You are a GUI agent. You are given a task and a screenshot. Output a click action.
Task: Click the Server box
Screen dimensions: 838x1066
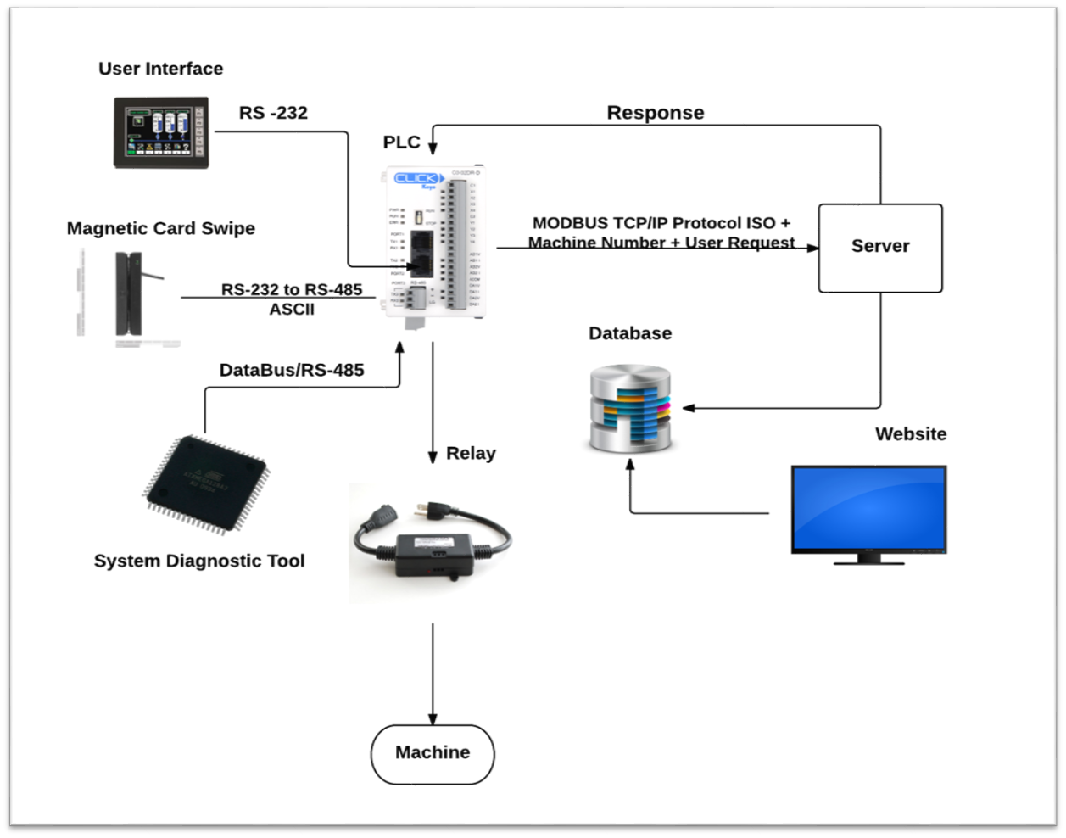880,248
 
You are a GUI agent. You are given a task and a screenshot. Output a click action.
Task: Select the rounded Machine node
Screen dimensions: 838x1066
433,753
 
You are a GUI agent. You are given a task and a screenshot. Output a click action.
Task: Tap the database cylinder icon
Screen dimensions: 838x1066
630,408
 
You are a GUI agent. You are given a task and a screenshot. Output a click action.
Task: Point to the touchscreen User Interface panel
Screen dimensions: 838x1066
161,131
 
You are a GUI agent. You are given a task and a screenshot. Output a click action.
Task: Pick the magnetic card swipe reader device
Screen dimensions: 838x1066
129,293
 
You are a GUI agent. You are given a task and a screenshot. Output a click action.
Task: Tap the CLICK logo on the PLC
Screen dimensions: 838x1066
417,179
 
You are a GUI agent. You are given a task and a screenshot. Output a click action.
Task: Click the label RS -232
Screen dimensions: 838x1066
273,113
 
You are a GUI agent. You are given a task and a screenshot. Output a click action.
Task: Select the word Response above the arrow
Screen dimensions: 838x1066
655,113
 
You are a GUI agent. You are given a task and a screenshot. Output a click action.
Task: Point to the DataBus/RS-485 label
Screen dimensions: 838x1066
292,370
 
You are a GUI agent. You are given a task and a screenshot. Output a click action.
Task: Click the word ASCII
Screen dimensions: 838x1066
292,310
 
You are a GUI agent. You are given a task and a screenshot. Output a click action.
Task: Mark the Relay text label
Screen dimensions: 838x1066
471,453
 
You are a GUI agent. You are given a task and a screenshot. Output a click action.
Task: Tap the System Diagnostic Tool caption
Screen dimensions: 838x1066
199,561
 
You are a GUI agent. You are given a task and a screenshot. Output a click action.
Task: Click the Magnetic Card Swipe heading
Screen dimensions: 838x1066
160,228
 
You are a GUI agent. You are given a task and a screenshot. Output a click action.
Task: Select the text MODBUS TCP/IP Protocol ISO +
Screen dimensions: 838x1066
661,223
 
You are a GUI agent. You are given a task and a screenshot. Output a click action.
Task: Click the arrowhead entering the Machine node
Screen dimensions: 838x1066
433,718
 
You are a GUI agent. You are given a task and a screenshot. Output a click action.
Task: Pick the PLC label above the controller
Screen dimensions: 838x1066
401,142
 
